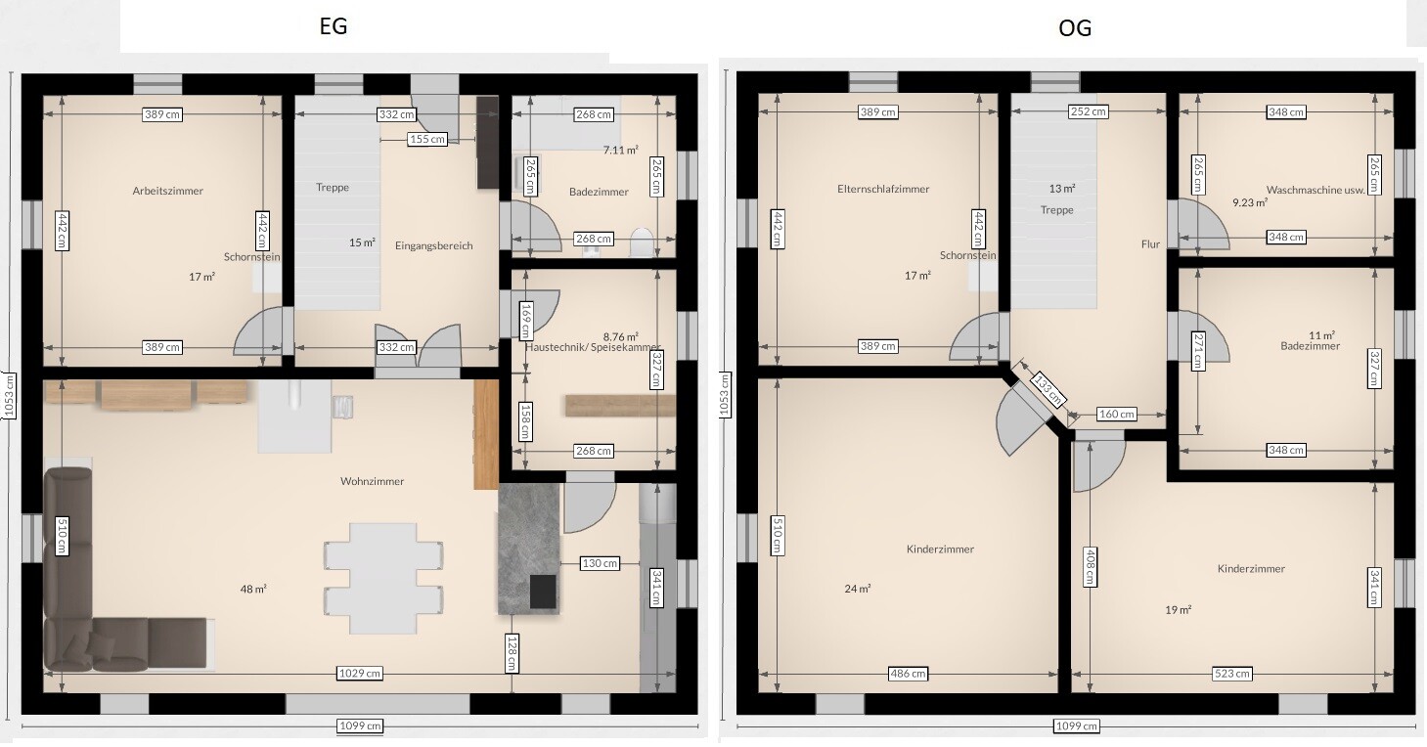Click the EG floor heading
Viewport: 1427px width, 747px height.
pos(334,26)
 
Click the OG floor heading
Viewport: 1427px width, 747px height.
pos(1075,28)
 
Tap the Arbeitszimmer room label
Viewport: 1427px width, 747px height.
pos(167,191)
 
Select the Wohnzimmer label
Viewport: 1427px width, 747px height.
pos(372,481)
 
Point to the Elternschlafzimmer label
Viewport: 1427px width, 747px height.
pos(883,189)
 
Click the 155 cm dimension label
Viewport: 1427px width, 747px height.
pos(426,139)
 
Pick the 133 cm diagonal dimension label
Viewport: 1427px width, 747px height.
pos(1048,390)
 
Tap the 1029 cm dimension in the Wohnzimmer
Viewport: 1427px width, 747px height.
pos(360,673)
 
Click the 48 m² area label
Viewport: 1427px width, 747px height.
pos(253,589)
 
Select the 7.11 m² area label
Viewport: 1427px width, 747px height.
pos(620,151)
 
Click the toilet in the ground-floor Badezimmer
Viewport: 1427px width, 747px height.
pos(642,242)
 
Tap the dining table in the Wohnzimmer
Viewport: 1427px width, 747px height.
pos(383,578)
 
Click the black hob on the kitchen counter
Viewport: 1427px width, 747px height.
pos(543,592)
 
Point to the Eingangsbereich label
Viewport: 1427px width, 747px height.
pos(434,245)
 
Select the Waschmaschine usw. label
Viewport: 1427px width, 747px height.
pos(1316,190)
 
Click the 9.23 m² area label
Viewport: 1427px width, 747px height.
pos(1250,202)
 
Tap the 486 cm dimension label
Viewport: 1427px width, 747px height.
pos(908,673)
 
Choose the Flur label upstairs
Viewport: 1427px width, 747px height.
pos(1150,243)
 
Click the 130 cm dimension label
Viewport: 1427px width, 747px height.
pos(600,563)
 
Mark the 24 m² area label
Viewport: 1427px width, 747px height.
pos(858,589)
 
